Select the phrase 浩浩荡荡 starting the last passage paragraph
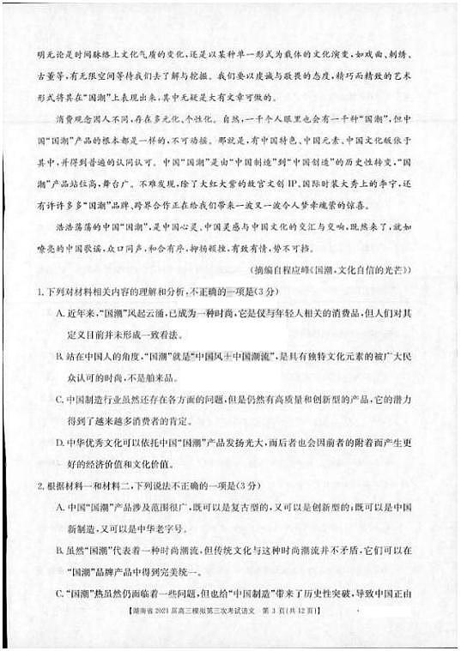72,227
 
